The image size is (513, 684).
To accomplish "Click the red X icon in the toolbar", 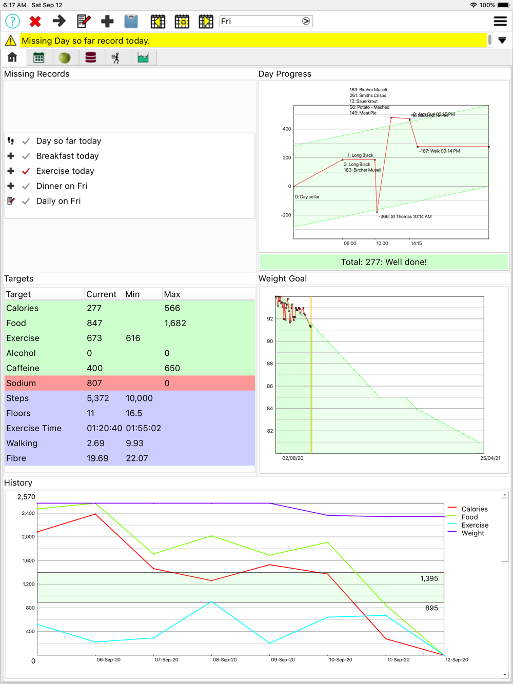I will click(x=35, y=22).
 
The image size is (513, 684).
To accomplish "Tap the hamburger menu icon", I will click(x=500, y=22).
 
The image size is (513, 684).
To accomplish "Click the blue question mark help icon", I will click(x=12, y=22).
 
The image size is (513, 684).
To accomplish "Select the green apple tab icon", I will click(x=65, y=57).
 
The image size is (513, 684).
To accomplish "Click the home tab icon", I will click(x=12, y=57).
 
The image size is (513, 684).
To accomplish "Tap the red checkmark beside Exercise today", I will click(x=26, y=171).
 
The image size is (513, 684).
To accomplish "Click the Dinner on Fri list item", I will click(x=62, y=186).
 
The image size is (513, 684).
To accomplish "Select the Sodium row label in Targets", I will click(x=21, y=384).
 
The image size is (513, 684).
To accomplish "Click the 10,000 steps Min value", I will click(x=139, y=398).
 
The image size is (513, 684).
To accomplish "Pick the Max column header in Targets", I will click(x=172, y=294).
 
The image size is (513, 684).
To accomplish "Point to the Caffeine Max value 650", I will click(x=172, y=368).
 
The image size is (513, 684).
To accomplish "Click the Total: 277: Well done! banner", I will click(x=384, y=262).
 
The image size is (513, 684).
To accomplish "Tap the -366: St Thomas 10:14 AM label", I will click(x=405, y=217).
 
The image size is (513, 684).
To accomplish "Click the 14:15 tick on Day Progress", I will click(x=416, y=244).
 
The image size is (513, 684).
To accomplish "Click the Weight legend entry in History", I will click(x=472, y=533).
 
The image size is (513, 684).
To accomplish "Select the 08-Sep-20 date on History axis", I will click(x=225, y=660).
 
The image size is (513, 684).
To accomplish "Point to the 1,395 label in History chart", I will click(x=429, y=578).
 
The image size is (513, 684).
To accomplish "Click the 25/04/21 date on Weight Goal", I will click(x=490, y=458).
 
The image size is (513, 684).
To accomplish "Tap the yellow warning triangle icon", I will click(x=10, y=41).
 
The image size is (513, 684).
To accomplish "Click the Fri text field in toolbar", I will click(x=259, y=22).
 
